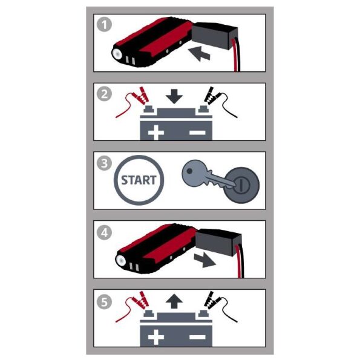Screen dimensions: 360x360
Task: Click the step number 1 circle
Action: (x=104, y=25)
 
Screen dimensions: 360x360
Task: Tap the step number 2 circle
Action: (x=104, y=94)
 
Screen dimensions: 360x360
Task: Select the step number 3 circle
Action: (x=104, y=163)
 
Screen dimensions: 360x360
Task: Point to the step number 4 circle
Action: (x=104, y=232)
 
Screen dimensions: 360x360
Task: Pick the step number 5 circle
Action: (x=104, y=302)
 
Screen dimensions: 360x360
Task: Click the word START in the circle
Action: (x=139, y=180)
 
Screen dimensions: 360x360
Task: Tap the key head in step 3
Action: (x=194, y=173)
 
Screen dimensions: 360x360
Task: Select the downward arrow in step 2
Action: (x=174, y=96)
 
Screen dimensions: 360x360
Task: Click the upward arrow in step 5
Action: (x=174, y=301)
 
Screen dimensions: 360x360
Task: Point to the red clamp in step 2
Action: (x=140, y=95)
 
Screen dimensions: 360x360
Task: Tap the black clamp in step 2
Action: (x=211, y=96)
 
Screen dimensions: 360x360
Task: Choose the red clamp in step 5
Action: (x=140, y=300)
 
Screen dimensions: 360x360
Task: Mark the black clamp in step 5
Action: (x=211, y=300)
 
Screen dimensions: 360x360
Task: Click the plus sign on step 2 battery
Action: (x=156, y=133)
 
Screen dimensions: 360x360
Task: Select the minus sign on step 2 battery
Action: (x=197, y=133)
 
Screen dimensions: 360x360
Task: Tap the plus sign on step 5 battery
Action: (x=156, y=337)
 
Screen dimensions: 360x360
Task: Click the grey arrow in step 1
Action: (x=199, y=54)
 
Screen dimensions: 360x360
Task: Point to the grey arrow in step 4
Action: (x=205, y=260)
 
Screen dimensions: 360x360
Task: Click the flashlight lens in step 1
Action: (x=117, y=54)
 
